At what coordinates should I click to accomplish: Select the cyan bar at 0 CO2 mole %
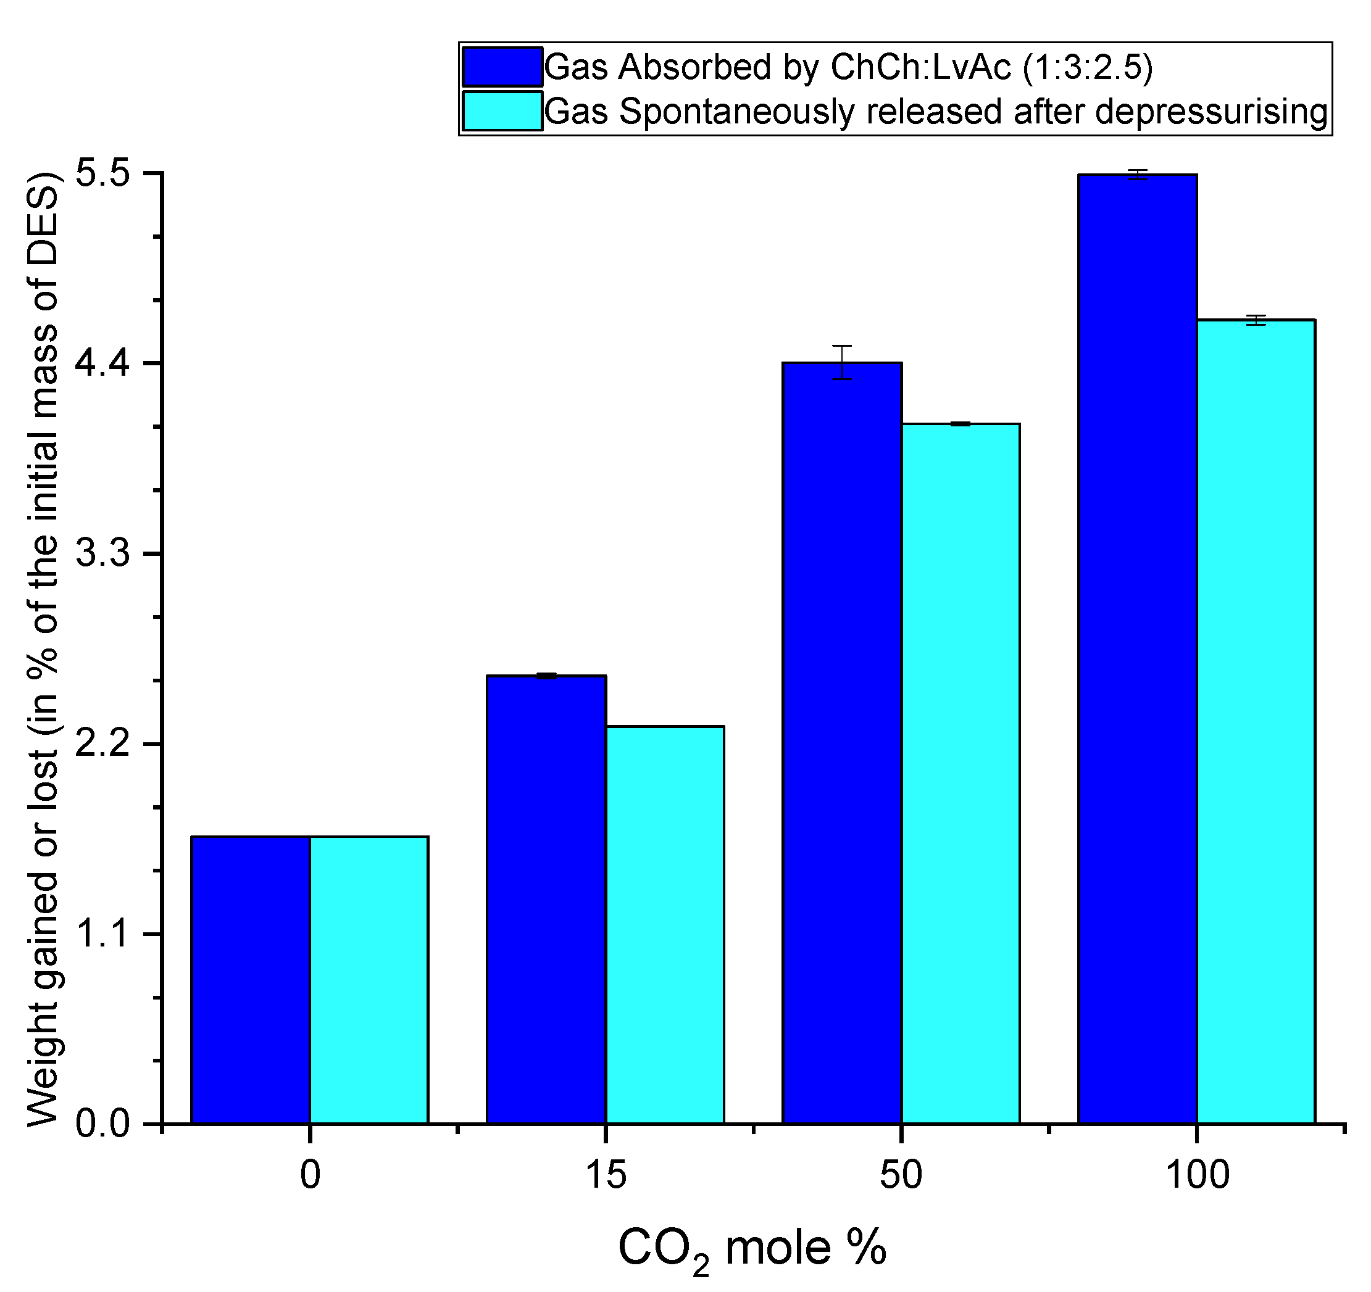pyautogui.click(x=369, y=979)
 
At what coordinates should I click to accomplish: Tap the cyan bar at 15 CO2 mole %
pyautogui.click(x=665, y=924)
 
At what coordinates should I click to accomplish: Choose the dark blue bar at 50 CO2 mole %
pyautogui.click(x=842, y=745)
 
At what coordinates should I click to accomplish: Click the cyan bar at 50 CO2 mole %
pyautogui.click(x=961, y=772)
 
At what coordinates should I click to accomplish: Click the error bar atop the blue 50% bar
pyautogui.click(x=842, y=362)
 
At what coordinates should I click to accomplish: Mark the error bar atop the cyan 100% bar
pyautogui.click(x=1256, y=320)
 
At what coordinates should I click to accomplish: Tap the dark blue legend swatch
pyautogui.click(x=502, y=67)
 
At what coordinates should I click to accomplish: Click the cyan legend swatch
pyautogui.click(x=502, y=111)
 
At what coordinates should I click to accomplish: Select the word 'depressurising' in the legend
pyautogui.click(x=1211, y=111)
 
